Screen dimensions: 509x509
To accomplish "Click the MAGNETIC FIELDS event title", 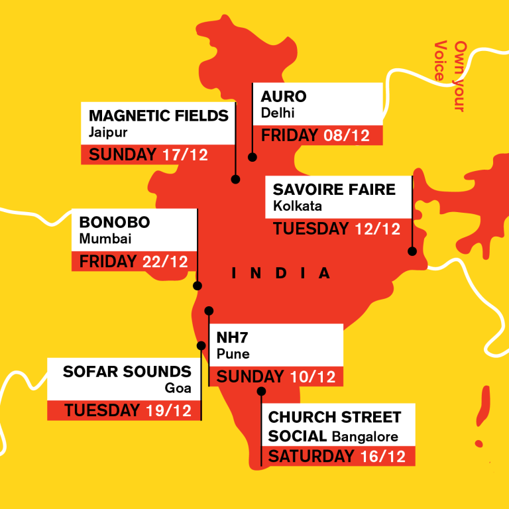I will (x=158, y=115).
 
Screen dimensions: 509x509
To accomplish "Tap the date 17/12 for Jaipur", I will (x=185, y=155).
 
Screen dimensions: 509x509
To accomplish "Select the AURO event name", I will (x=284, y=96).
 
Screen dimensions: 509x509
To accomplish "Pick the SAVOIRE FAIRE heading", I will (x=334, y=190).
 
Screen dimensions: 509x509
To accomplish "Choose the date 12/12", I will (x=378, y=229).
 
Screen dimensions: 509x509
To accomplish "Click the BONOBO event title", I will (x=115, y=222).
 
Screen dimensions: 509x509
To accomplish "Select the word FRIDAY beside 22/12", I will (x=107, y=261).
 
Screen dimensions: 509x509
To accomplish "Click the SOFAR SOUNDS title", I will (x=127, y=371).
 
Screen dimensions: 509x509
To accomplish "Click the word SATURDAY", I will (x=311, y=457).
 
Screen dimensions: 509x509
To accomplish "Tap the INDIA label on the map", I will (x=281, y=273).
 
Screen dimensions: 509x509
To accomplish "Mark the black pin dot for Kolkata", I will (x=412, y=251).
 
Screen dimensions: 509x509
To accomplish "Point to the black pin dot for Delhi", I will (x=252, y=157).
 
